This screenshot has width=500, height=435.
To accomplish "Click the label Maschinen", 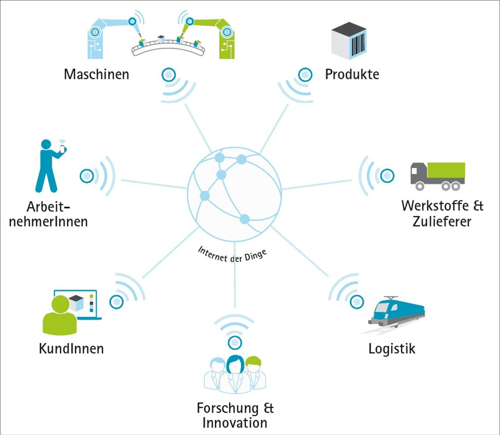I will pos(96,75).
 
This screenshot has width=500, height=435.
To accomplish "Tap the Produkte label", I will pos(352,75).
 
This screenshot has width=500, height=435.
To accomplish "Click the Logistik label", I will pos(392,348).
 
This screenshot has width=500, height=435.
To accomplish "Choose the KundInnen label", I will pos(71,348).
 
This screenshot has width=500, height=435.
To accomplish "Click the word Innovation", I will pos(234,422).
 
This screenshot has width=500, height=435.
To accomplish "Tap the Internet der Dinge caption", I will pos(232,252).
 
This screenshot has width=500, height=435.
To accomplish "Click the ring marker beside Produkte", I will pos(305,75).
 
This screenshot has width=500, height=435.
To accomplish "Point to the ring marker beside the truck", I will pos(387,176).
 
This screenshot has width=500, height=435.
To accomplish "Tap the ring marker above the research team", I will pos(234,343).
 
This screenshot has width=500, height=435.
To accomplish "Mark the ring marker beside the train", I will pos(357,302).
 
